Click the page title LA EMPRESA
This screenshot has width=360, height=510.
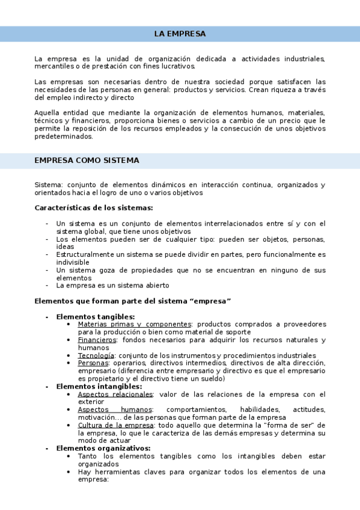coord(180,34)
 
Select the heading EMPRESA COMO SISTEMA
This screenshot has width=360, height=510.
coord(87,161)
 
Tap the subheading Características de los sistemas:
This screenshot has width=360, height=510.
coord(94,208)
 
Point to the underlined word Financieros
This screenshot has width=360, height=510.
coord(97,340)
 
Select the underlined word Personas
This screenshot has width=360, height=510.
coord(93,363)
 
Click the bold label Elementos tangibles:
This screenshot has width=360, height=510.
coord(96,316)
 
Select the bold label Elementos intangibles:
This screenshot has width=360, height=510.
coord(99,387)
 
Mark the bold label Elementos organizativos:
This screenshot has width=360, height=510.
coord(103,449)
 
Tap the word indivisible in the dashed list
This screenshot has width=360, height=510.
coord(73,263)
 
